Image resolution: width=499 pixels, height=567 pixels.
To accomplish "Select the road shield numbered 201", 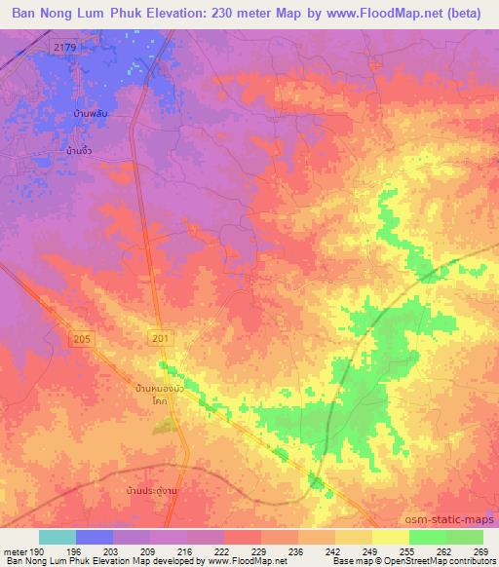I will click(x=161, y=337).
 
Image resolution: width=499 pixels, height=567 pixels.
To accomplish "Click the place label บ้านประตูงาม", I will click(x=149, y=490).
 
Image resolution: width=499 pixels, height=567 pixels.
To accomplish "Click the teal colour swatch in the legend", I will click(x=58, y=537).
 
